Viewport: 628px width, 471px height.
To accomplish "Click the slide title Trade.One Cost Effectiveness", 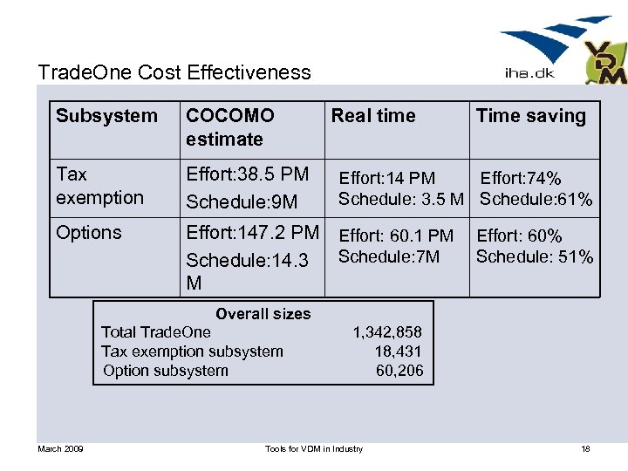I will pos(174,72).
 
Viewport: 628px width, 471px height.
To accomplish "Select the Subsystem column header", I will pos(106,116).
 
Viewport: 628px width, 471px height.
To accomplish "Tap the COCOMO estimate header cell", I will pos(230,127).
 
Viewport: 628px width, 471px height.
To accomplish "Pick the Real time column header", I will pos(373,116).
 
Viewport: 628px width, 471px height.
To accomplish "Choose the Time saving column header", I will pos(531,116).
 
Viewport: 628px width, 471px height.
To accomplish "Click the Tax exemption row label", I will pos(99,186).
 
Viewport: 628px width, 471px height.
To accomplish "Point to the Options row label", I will pos(89,233).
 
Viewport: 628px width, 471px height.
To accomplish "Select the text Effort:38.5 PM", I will pos(248,174).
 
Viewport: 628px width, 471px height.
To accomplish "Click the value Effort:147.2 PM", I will pos(253,233).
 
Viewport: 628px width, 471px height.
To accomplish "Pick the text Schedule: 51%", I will pos(535,256).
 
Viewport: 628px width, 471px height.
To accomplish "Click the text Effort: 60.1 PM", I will pos(396,235).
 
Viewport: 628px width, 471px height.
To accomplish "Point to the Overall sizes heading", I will pos(263,314).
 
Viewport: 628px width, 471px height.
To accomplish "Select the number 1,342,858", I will pos(387,332).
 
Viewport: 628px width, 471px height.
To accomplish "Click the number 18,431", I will pos(399,352).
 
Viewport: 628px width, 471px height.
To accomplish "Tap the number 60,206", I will pos(399,371).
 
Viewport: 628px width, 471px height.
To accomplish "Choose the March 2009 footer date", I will pos(60,448).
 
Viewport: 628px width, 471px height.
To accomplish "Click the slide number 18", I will pos(585,448).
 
